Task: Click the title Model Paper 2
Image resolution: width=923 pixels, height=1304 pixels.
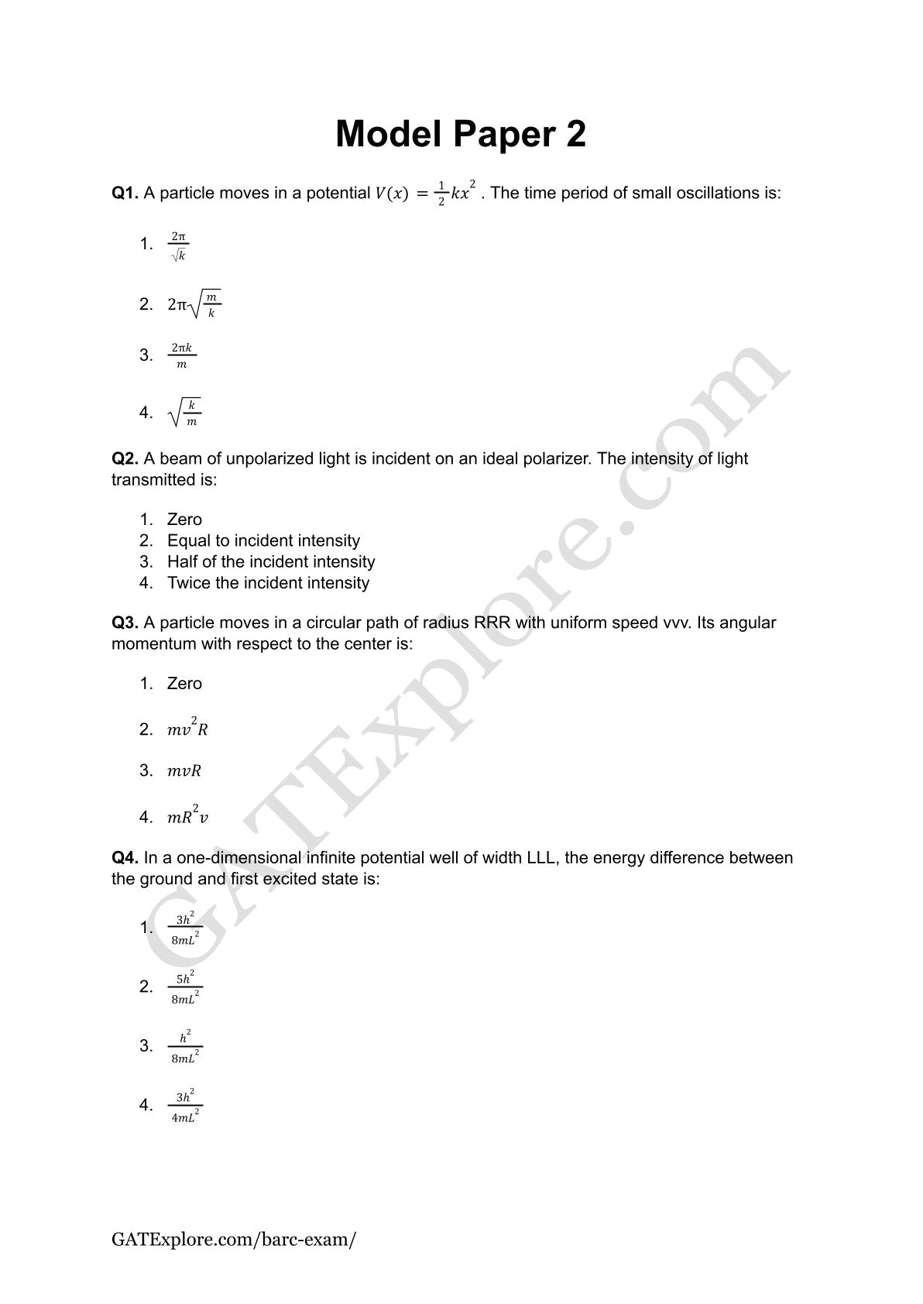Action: click(x=461, y=134)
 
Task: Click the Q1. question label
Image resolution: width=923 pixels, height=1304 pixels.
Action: click(x=125, y=193)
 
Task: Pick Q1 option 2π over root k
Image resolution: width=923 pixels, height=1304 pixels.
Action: click(x=179, y=245)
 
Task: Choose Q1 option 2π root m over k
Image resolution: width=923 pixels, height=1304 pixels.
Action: click(x=194, y=304)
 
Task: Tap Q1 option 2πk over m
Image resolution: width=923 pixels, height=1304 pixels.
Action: click(x=182, y=355)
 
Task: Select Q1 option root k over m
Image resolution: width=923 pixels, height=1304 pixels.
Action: click(x=184, y=413)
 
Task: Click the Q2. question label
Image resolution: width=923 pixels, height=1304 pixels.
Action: click(x=125, y=458)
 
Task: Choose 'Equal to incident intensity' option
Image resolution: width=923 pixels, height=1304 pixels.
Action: click(x=263, y=540)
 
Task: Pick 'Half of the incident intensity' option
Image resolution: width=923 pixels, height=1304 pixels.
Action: click(x=271, y=561)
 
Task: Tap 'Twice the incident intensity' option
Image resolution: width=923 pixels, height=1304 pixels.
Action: click(x=268, y=582)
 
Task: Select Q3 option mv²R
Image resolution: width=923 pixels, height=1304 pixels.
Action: click(x=187, y=729)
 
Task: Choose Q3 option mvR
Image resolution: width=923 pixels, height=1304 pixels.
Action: click(x=184, y=770)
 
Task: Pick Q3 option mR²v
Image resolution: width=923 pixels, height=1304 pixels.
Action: click(x=187, y=816)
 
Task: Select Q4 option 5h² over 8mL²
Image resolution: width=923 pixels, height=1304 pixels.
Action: click(x=185, y=987)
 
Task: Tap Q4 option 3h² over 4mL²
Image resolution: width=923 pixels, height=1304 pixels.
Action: click(x=185, y=1106)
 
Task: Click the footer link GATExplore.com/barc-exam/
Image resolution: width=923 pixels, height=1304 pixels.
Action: click(x=234, y=1239)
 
